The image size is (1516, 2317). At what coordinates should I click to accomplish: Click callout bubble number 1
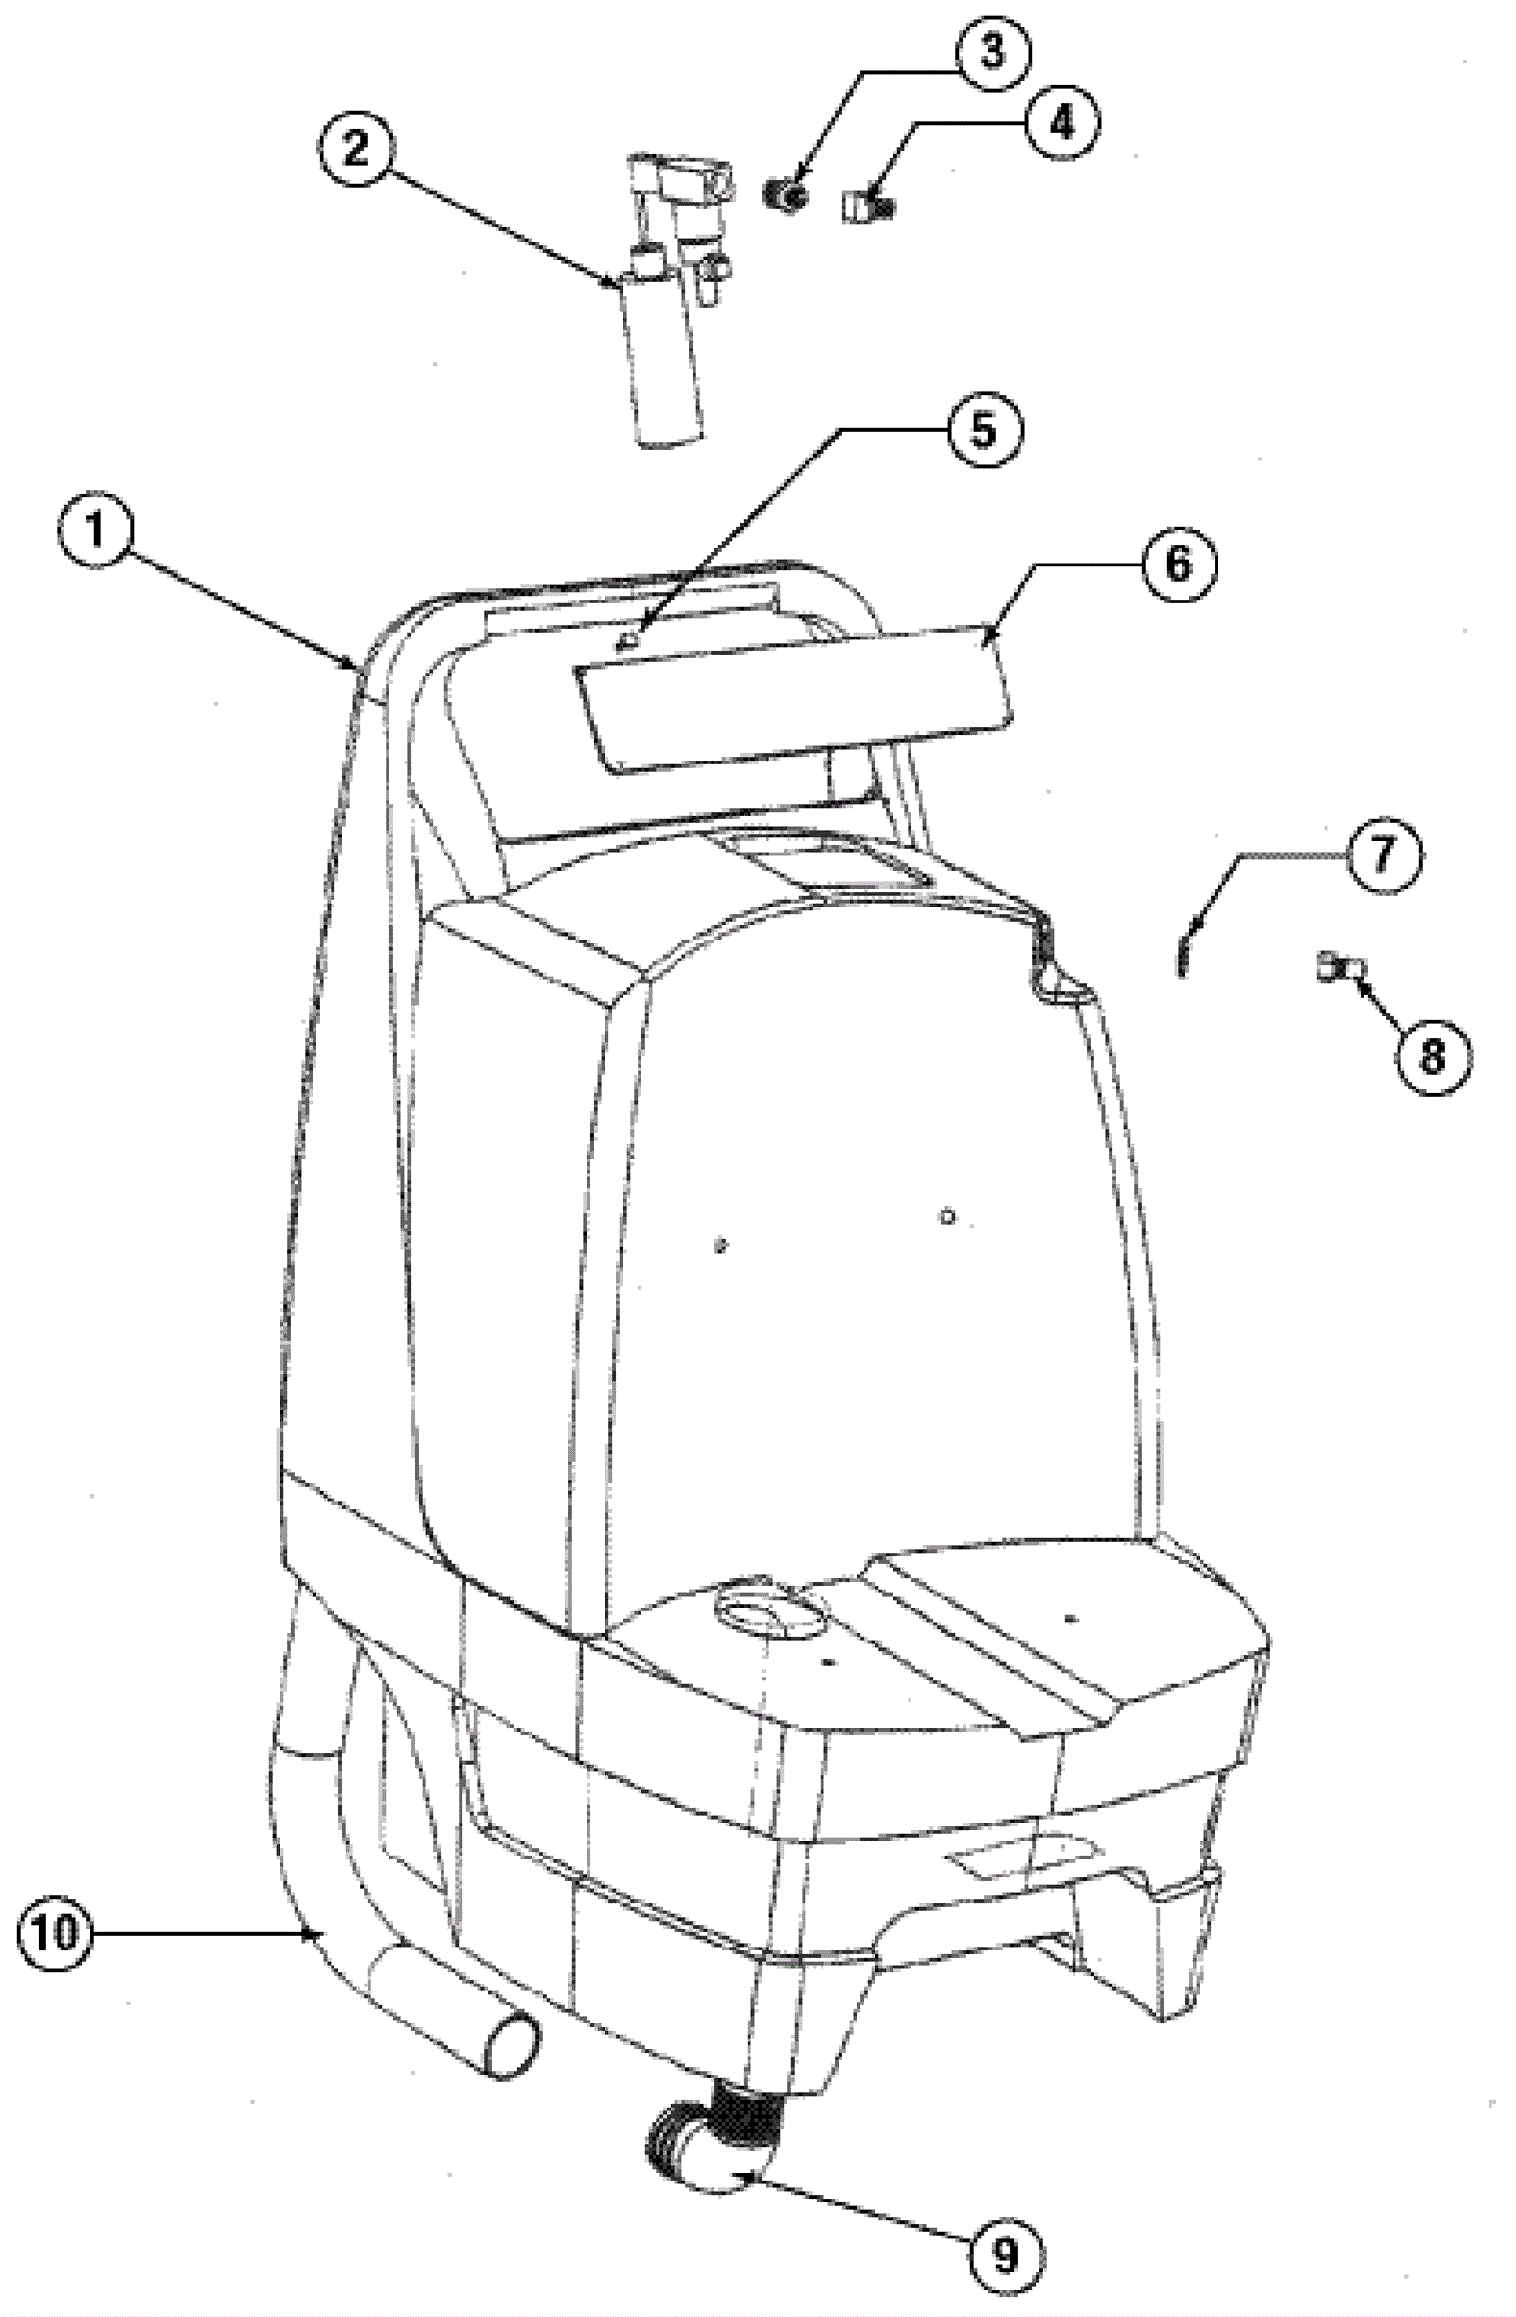point(95,530)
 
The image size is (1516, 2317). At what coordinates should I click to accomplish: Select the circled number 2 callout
point(355,148)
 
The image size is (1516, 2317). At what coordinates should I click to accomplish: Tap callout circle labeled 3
point(990,51)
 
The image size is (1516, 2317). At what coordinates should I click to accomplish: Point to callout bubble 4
point(1060,124)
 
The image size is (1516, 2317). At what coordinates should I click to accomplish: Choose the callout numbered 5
point(984,429)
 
